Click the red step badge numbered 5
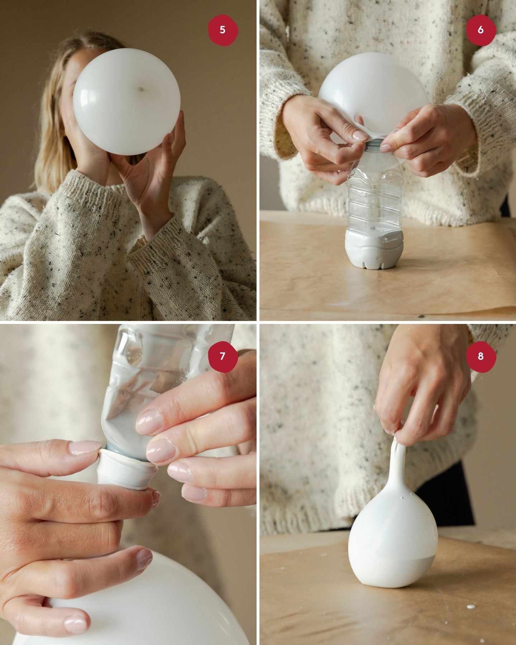[x=223, y=30]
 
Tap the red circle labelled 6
[x=481, y=30]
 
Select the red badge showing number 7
[x=223, y=357]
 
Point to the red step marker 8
[x=481, y=357]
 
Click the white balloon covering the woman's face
[x=126, y=102]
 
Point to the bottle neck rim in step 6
[x=374, y=144]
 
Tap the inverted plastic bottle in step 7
[x=161, y=391]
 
